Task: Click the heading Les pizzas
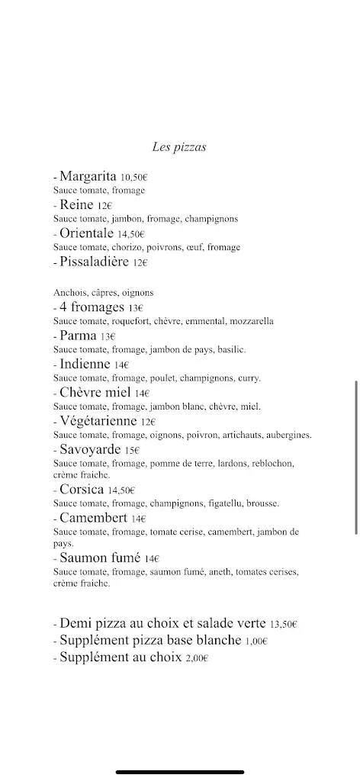point(180,146)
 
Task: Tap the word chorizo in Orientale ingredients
point(114,247)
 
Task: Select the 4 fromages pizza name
point(92,307)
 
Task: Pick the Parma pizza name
point(79,335)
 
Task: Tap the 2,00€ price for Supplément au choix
point(197,658)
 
